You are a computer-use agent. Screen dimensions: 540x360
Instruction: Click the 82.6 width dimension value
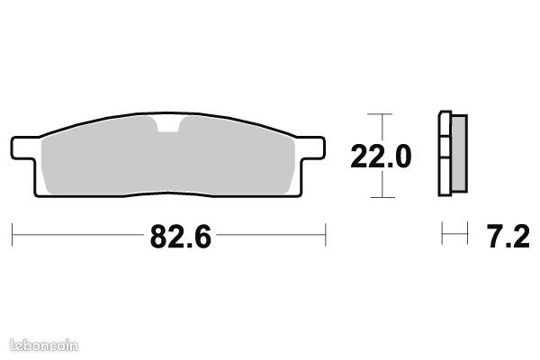181,237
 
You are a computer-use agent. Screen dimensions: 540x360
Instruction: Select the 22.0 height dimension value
381,156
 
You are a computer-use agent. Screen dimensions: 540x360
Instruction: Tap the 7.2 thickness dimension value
508,237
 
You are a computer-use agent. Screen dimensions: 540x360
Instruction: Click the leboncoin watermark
44,346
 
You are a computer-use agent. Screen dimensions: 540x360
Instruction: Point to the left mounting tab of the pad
23,148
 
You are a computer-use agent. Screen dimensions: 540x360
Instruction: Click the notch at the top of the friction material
168,125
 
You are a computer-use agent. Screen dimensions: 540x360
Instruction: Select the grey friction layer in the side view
459,153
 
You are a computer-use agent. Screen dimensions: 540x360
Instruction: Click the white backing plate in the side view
445,154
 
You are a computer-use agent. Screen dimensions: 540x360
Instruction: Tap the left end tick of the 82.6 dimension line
12,235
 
